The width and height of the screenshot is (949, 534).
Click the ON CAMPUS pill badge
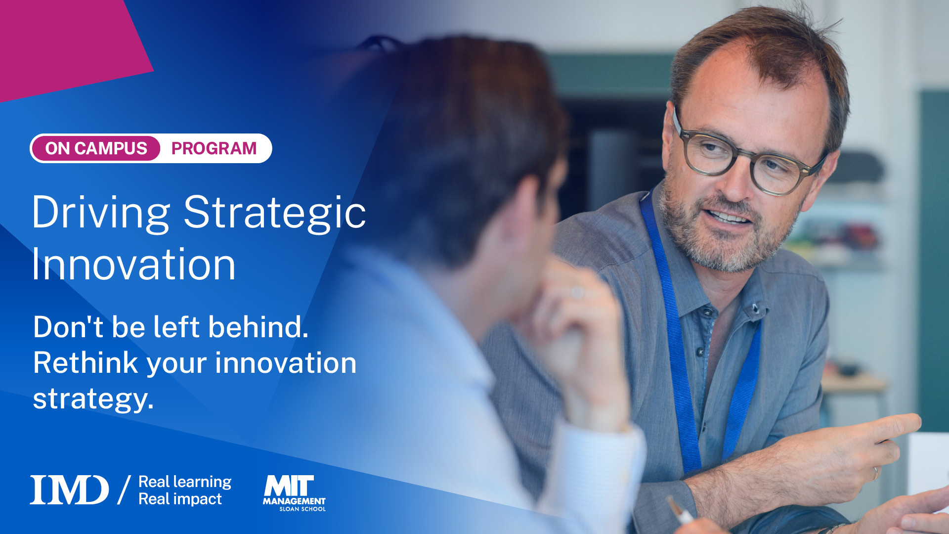(96, 148)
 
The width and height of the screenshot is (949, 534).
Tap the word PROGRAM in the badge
(214, 148)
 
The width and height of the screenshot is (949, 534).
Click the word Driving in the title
(101, 213)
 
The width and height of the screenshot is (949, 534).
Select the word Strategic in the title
(275, 213)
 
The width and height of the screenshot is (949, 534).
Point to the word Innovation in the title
(133, 265)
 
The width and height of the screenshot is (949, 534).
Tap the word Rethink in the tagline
(85, 363)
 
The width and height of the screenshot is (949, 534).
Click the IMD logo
(69, 490)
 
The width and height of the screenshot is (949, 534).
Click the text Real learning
(185, 482)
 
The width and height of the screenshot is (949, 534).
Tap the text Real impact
(180, 499)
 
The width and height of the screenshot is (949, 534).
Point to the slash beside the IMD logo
(124, 490)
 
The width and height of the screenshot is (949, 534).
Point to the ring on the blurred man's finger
(577, 293)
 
